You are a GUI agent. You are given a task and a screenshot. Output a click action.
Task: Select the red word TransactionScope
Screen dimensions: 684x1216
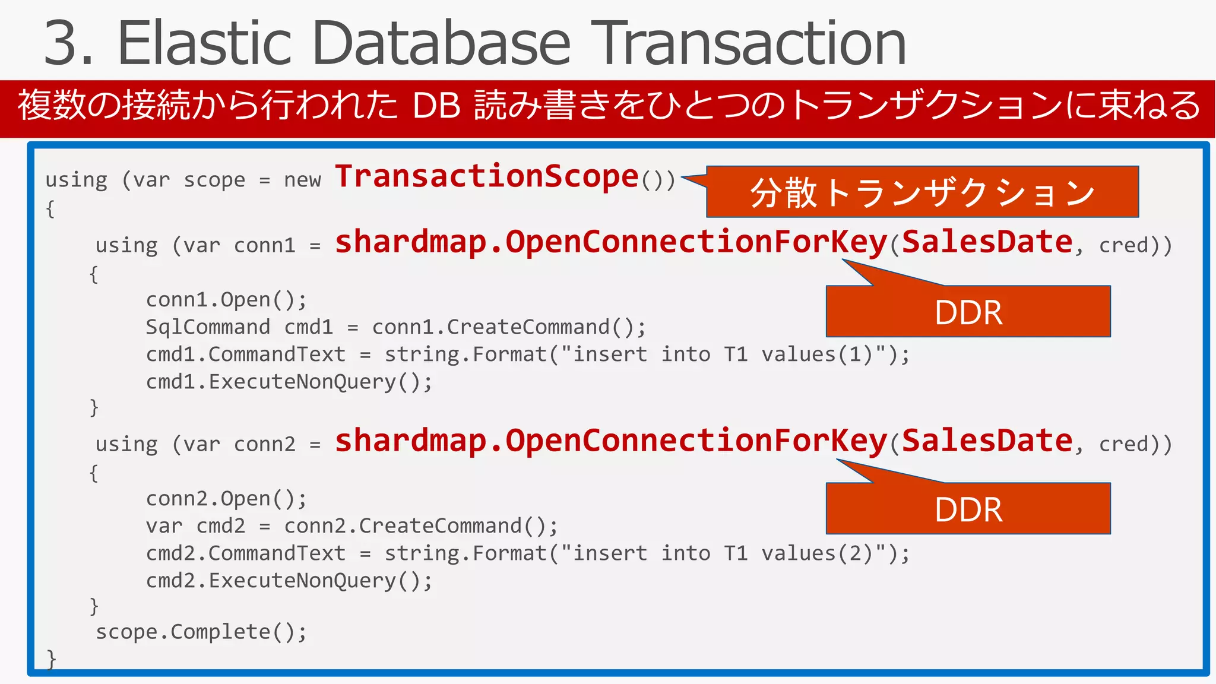(487, 176)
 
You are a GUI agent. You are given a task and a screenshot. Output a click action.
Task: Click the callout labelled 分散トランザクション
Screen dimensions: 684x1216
(922, 192)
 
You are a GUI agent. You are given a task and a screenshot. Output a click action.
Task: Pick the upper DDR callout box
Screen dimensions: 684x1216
(968, 312)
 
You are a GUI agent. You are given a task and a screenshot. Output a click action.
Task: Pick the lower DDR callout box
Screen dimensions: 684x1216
(968, 509)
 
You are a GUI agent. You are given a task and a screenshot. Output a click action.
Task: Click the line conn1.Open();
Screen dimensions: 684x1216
(226, 300)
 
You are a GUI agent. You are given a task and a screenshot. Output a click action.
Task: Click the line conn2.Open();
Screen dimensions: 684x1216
(226, 499)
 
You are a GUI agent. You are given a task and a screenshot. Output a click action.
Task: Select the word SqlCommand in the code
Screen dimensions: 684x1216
(208, 327)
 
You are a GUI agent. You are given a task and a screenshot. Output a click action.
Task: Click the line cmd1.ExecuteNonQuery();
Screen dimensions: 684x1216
(289, 382)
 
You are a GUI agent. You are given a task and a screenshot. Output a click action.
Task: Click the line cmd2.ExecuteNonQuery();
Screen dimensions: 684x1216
(289, 581)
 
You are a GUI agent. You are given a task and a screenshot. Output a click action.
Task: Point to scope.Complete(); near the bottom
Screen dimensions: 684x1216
(201, 632)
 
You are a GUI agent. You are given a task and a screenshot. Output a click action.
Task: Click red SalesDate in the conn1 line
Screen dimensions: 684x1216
(987, 242)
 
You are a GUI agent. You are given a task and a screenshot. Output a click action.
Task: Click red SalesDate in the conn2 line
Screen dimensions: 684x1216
(987, 441)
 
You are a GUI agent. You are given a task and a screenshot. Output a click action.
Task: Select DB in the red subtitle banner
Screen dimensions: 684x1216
(436, 106)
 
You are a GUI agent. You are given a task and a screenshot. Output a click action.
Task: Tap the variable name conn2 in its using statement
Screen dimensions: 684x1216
(264, 444)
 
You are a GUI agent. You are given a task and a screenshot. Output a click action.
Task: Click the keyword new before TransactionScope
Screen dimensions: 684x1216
(302, 179)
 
